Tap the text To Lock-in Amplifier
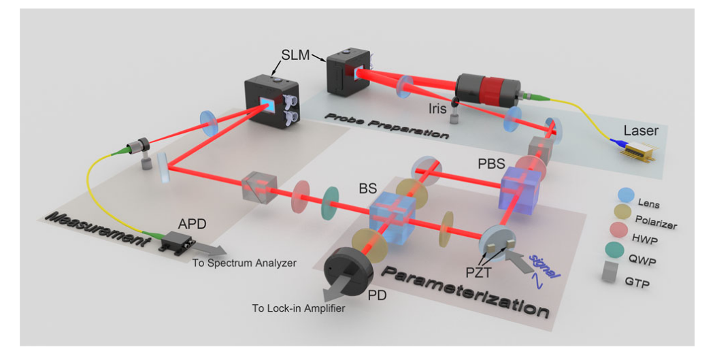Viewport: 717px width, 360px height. pyautogui.click(x=298, y=308)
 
